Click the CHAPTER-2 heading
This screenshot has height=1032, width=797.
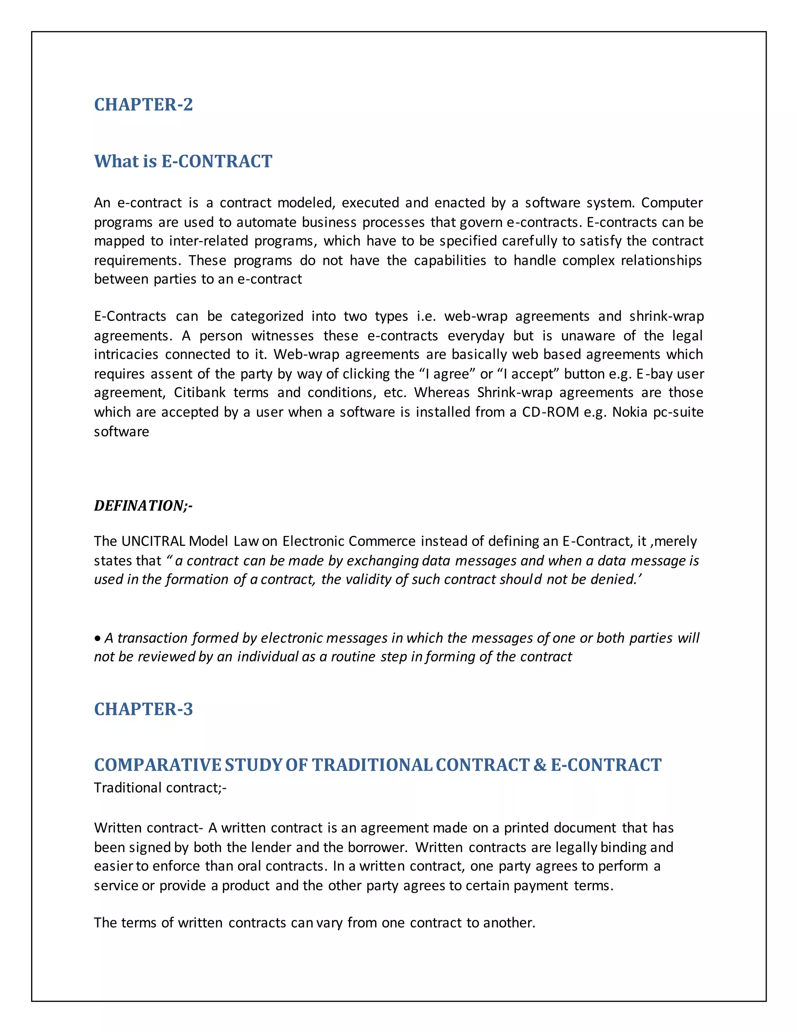143,104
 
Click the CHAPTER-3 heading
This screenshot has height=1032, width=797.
143,709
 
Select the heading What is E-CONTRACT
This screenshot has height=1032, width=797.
183,162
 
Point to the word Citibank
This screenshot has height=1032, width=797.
199,393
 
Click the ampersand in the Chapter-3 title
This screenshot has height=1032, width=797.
540,765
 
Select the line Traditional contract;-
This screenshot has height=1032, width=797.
160,788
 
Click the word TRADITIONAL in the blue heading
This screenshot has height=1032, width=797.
372,765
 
